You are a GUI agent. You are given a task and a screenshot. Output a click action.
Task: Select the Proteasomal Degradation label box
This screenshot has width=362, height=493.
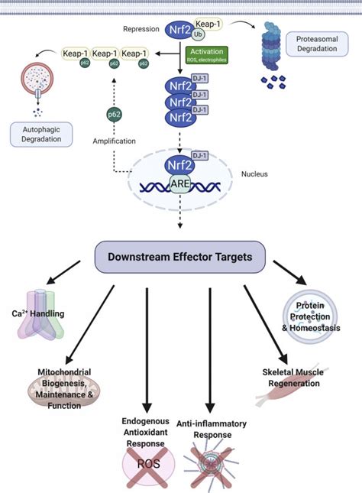point(312,44)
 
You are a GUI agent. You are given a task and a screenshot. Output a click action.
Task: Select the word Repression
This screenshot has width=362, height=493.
point(141,29)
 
